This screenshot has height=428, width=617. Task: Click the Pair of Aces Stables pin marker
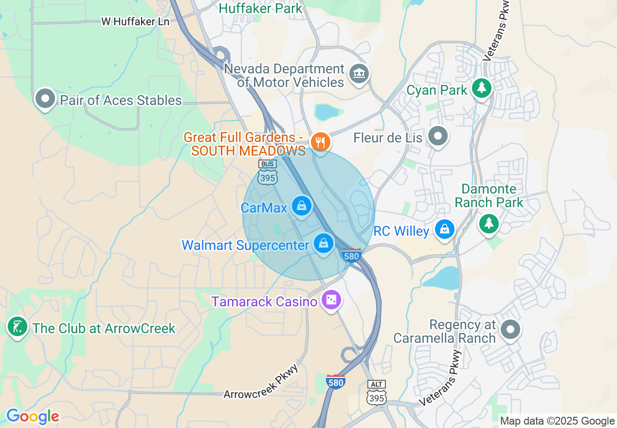45,99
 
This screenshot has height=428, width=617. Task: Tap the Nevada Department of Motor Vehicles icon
359,74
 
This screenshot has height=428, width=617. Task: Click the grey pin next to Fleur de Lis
437,137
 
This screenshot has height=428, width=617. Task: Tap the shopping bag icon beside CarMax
302,206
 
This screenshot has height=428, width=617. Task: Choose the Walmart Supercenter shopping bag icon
324,243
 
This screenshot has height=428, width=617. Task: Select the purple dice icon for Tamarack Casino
331,300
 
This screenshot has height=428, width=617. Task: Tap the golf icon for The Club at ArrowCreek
18,326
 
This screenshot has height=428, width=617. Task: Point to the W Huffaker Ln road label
135,21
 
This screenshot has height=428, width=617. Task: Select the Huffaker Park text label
260,8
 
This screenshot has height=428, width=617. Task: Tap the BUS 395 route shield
268,173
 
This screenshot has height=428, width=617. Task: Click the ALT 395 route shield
377,393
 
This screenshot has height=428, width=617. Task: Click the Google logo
33,416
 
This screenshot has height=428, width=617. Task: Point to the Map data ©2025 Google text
558,421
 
